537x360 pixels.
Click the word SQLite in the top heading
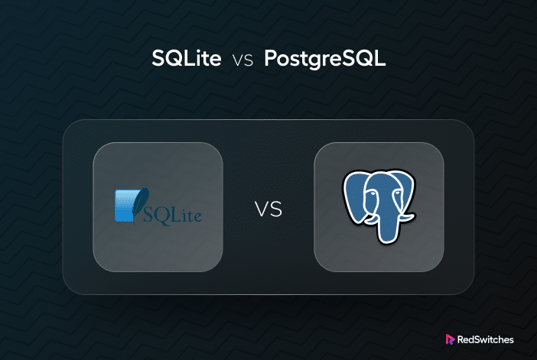coord(187,58)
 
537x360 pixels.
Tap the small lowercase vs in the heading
coord(242,60)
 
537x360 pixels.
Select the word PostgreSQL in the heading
coord(325,59)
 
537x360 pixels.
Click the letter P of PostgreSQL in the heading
coord(271,58)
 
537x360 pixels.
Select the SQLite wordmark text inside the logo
coord(172,216)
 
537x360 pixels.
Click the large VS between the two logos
coord(268,209)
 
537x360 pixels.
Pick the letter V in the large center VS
coord(262,209)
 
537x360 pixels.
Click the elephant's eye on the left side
coord(372,193)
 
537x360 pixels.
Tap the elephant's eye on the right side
coord(397,193)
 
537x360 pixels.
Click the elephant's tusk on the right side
coord(407,218)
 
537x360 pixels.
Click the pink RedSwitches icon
coord(450,339)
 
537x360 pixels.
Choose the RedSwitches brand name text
coord(485,339)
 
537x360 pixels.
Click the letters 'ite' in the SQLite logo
coord(193,216)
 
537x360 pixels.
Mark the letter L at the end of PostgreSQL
coord(380,58)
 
